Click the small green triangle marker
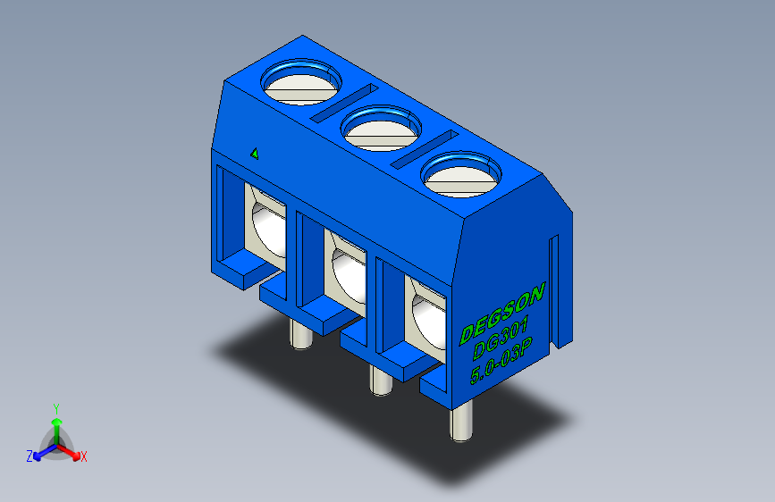pos(255,153)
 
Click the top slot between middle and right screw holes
pos(424,147)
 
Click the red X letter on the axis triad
pos(84,457)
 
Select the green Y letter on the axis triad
pos(55,407)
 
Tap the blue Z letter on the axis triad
pos(29,456)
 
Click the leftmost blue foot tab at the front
pos(234,269)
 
